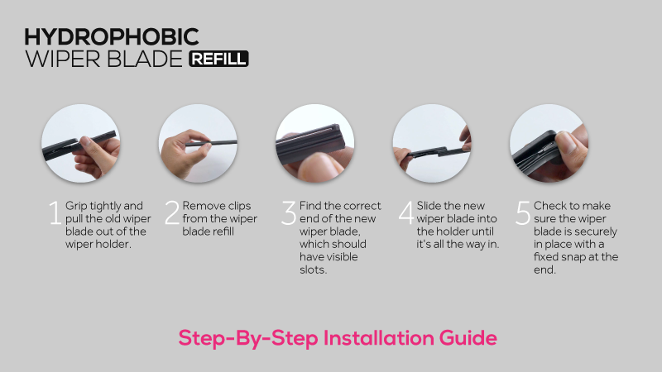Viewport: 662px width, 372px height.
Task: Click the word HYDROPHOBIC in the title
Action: (x=112, y=37)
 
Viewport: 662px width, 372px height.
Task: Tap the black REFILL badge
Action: (x=218, y=59)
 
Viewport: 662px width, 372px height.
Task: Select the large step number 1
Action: (x=55, y=212)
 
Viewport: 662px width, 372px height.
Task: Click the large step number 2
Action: (x=172, y=212)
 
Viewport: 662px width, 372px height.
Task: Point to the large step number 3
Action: (x=289, y=212)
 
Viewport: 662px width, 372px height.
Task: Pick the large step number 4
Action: (x=406, y=212)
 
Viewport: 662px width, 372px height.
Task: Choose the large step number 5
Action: (x=523, y=212)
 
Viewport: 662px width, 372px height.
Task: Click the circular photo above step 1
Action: (x=80, y=143)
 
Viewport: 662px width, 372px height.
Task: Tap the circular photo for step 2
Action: (x=198, y=143)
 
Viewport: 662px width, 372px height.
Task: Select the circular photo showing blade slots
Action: (x=315, y=143)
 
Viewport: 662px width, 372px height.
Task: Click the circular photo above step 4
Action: (x=432, y=143)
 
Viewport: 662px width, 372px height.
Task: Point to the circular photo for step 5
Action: (x=549, y=143)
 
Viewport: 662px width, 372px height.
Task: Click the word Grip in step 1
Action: (x=76, y=206)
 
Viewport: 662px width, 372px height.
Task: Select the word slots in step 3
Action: (x=314, y=270)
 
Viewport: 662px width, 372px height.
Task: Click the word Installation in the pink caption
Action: (x=379, y=338)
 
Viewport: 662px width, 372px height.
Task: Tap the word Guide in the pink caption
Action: (x=468, y=338)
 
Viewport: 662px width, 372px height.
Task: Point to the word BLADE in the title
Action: (x=144, y=59)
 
